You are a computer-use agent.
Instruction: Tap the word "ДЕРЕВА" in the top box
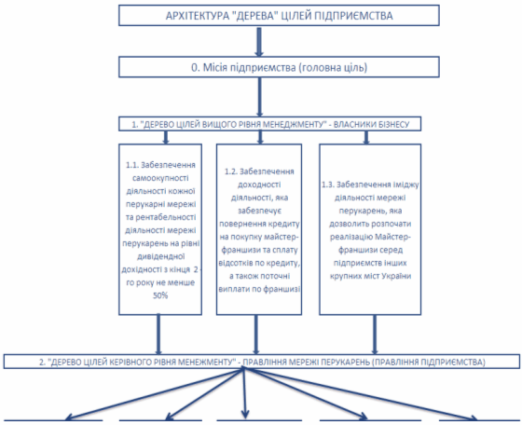[254, 16]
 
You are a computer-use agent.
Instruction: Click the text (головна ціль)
[333, 67]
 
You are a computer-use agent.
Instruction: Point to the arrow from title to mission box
[259, 41]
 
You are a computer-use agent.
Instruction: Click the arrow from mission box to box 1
[260, 97]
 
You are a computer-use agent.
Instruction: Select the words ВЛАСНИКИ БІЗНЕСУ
[372, 125]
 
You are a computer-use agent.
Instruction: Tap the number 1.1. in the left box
[132, 165]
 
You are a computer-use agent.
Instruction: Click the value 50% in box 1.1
[160, 295]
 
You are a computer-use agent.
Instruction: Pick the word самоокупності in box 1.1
[160, 178]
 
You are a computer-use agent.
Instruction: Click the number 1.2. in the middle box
[231, 171]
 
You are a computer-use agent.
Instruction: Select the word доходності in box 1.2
[259, 185]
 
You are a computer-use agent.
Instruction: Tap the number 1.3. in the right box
[328, 185]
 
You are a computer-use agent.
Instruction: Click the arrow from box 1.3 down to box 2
[375, 335]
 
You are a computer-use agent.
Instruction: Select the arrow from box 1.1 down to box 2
[158, 334]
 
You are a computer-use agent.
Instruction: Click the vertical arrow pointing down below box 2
[244, 393]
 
